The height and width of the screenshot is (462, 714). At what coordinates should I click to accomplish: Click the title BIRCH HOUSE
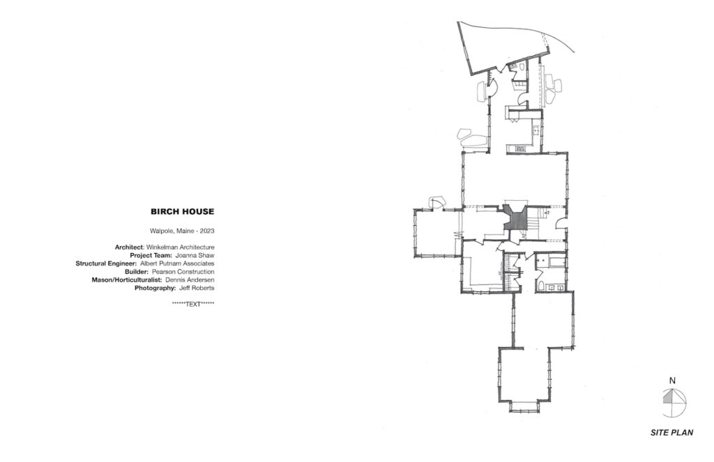182,212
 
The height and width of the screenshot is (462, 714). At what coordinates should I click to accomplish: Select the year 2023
207,231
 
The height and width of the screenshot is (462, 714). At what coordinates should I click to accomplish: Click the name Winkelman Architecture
181,247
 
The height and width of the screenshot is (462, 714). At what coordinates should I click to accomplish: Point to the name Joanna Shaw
195,255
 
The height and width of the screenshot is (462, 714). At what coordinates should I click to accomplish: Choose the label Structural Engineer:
106,263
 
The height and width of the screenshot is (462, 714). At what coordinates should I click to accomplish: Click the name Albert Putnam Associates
177,263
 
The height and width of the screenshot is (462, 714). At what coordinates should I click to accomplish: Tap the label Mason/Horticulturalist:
127,280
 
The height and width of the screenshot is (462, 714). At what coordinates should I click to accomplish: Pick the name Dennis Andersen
190,280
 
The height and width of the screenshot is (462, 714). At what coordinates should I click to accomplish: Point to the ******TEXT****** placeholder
193,304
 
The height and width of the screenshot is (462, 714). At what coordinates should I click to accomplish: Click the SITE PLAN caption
671,433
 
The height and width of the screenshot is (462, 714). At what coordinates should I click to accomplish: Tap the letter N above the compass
672,381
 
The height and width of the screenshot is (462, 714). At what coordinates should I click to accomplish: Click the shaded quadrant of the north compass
668,398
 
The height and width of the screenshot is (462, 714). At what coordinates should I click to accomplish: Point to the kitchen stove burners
519,148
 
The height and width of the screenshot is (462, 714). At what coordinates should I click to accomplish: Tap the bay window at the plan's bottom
524,406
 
